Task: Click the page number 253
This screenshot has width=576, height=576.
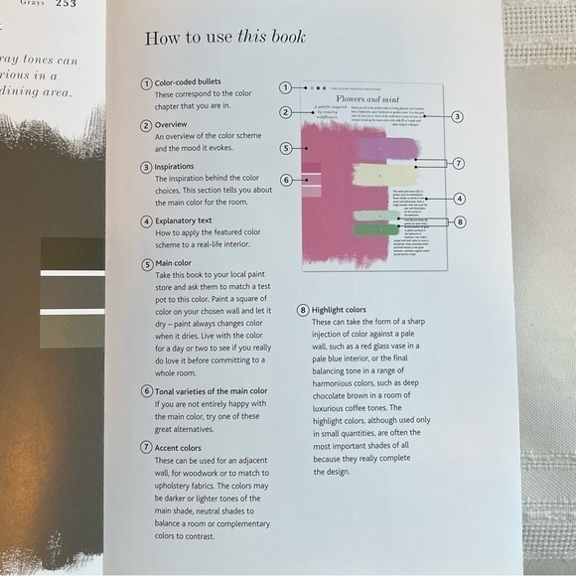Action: click(x=66, y=4)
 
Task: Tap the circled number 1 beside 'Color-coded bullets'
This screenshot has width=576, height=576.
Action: click(x=146, y=82)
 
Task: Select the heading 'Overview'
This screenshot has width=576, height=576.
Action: click(x=176, y=126)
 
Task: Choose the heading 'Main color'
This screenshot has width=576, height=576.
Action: click(x=179, y=265)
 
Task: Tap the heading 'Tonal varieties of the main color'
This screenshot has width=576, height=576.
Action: click(x=211, y=391)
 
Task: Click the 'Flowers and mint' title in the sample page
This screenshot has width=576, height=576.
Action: click(x=374, y=99)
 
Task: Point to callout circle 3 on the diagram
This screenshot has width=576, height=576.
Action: click(x=457, y=116)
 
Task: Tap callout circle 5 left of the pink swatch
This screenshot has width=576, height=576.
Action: click(x=285, y=148)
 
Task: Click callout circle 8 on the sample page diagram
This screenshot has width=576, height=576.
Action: click(x=459, y=221)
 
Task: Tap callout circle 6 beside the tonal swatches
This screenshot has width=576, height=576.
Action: click(x=285, y=180)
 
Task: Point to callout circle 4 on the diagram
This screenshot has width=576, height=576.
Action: click(x=459, y=198)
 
